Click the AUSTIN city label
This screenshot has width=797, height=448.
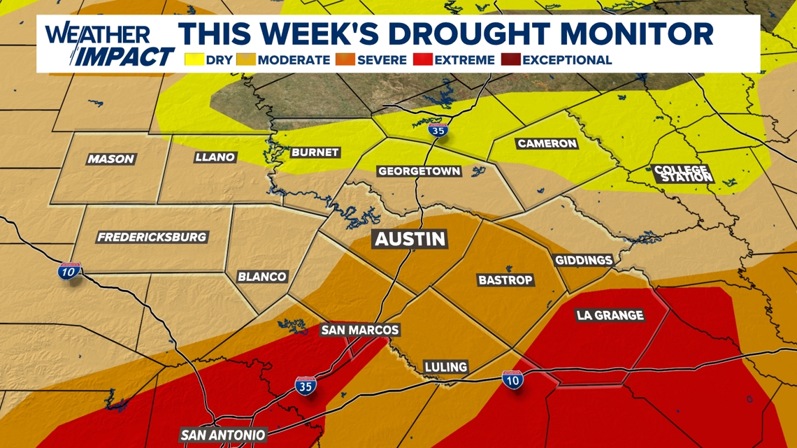(x=410, y=239)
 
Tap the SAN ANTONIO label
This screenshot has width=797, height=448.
(x=223, y=435)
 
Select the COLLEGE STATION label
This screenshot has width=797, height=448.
(x=682, y=173)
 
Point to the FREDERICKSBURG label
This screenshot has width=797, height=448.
(x=152, y=237)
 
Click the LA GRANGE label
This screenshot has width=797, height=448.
(x=610, y=315)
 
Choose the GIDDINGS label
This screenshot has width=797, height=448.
(x=584, y=260)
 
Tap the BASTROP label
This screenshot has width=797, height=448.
(x=505, y=280)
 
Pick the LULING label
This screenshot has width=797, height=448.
(x=446, y=366)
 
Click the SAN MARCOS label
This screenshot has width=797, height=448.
(x=359, y=330)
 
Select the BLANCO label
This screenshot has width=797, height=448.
(x=261, y=276)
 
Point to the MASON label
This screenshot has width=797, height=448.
(x=110, y=159)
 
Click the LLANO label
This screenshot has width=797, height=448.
(x=215, y=157)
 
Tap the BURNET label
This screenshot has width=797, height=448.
(x=315, y=152)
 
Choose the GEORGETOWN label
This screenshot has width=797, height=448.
(x=419, y=171)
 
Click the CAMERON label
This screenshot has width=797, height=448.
(x=547, y=143)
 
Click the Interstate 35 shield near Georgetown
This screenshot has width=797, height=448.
(x=438, y=129)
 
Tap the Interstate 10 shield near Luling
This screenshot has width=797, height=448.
(x=512, y=380)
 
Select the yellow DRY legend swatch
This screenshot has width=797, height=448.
(x=194, y=60)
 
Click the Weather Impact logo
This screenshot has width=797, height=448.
(x=108, y=45)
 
